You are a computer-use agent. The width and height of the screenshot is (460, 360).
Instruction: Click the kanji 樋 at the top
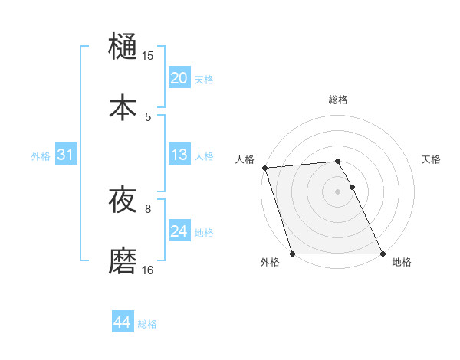[123, 47]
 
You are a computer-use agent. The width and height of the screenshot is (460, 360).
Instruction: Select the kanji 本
[123, 107]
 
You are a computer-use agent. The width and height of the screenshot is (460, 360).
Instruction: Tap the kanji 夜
[123, 201]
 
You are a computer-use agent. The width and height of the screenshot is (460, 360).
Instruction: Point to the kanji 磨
[123, 260]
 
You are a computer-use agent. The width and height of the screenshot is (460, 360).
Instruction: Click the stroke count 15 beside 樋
[148, 56]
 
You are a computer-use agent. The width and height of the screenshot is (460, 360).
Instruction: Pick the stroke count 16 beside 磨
[148, 270]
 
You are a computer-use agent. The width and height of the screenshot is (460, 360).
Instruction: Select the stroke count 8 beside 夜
[148, 208]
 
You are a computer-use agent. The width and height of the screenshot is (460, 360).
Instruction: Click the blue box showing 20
[179, 78]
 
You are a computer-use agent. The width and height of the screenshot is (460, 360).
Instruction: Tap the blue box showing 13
[179, 155]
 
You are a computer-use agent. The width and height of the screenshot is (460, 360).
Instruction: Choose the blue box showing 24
[179, 231]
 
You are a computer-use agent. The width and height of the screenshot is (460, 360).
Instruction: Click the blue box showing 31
[65, 155]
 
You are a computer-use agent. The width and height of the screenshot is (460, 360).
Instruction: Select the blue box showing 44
[122, 323]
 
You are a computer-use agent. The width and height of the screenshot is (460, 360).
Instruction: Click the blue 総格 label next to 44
[147, 324]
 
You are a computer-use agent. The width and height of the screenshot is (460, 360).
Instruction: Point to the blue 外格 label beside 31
[41, 156]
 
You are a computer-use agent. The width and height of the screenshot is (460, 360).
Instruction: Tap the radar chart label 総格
[338, 100]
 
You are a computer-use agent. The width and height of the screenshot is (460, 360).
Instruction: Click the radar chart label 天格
[432, 159]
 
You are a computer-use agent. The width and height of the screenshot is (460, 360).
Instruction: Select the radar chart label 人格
[245, 159]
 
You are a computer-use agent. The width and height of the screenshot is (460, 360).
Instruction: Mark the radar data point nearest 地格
[383, 254]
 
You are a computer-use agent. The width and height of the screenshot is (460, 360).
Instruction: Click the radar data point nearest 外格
[292, 254]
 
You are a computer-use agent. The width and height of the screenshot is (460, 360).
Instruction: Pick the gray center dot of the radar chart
[337, 191]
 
